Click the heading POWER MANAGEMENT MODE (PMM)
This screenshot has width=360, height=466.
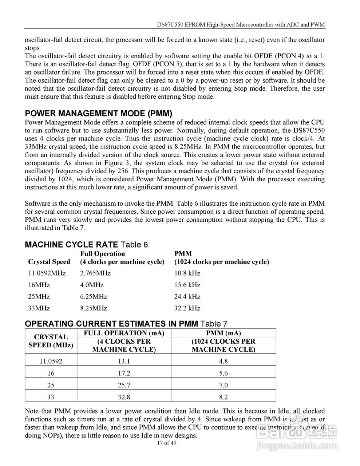tap(98, 113)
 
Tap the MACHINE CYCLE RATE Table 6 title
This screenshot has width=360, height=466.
tap(86, 245)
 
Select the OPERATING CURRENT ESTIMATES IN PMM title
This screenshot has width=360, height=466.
tap(126, 324)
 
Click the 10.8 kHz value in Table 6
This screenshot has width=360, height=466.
tap(187, 273)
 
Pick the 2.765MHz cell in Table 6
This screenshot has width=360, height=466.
tap(95, 273)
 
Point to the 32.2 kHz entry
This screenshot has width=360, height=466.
tap(187, 308)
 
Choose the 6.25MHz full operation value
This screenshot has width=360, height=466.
tap(94, 296)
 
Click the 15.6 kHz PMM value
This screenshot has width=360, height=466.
tap(187, 285)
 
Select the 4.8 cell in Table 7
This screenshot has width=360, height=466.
tap(223, 361)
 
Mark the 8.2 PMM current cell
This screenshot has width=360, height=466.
tap(223, 397)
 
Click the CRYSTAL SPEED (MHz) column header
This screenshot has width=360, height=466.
tap(51, 341)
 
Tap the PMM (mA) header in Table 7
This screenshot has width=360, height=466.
tap(223, 333)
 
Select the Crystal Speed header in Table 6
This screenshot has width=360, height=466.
tap(49, 262)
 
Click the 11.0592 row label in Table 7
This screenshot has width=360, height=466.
tap(51, 361)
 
